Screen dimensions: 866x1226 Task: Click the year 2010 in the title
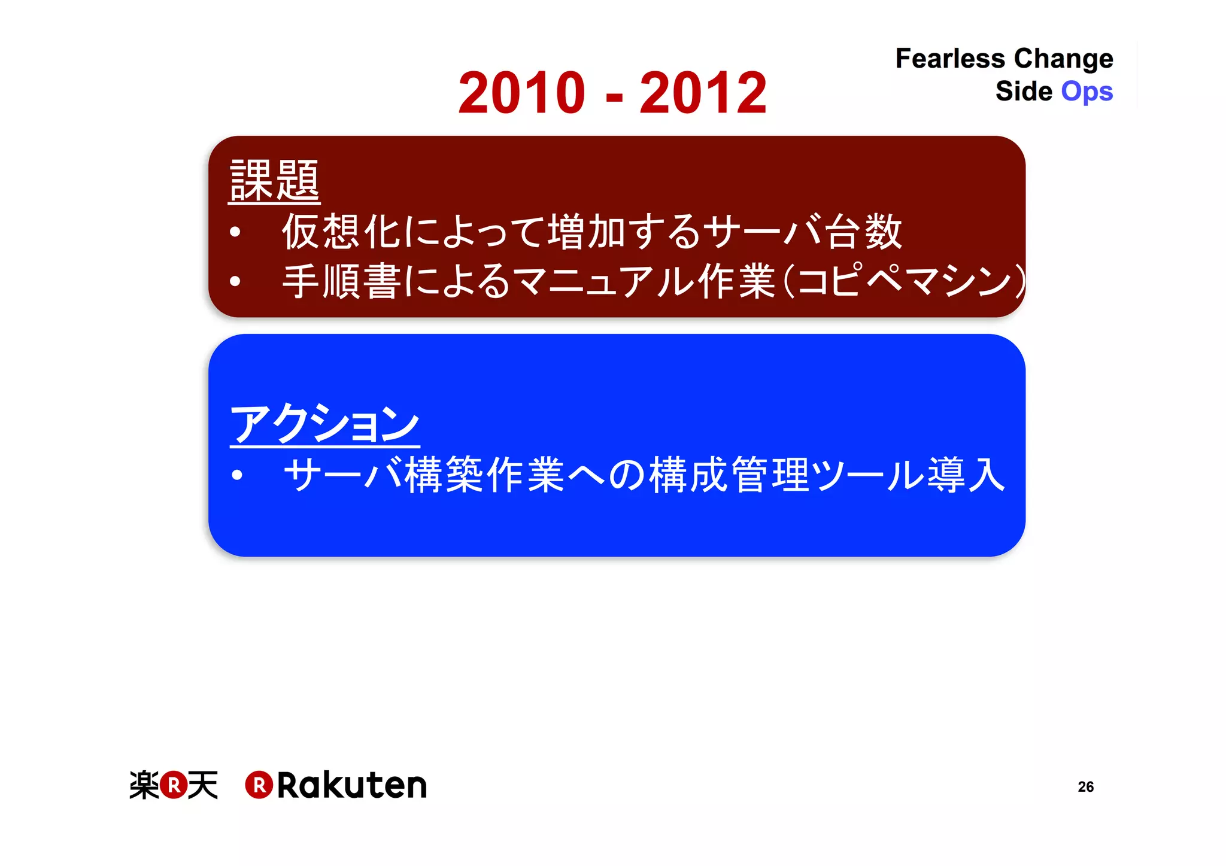pos(521,93)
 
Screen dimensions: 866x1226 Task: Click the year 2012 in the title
pos(703,93)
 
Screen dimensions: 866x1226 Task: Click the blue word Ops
pos(1087,92)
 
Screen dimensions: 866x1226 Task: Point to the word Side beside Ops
pos(1024,92)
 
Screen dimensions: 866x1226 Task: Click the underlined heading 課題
pos(274,180)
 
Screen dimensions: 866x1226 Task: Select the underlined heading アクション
pos(324,424)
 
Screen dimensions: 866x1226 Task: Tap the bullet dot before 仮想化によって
pos(235,232)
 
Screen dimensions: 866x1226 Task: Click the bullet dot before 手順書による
pos(235,281)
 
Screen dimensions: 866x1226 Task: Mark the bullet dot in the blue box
pos(237,475)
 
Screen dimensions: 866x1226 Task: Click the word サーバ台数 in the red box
pos(802,232)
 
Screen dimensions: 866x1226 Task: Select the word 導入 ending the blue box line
pos(966,475)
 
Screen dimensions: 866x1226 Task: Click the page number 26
pos(1085,786)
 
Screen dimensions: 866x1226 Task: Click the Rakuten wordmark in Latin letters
pos(351,785)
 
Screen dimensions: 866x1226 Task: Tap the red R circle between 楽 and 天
pos(174,785)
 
